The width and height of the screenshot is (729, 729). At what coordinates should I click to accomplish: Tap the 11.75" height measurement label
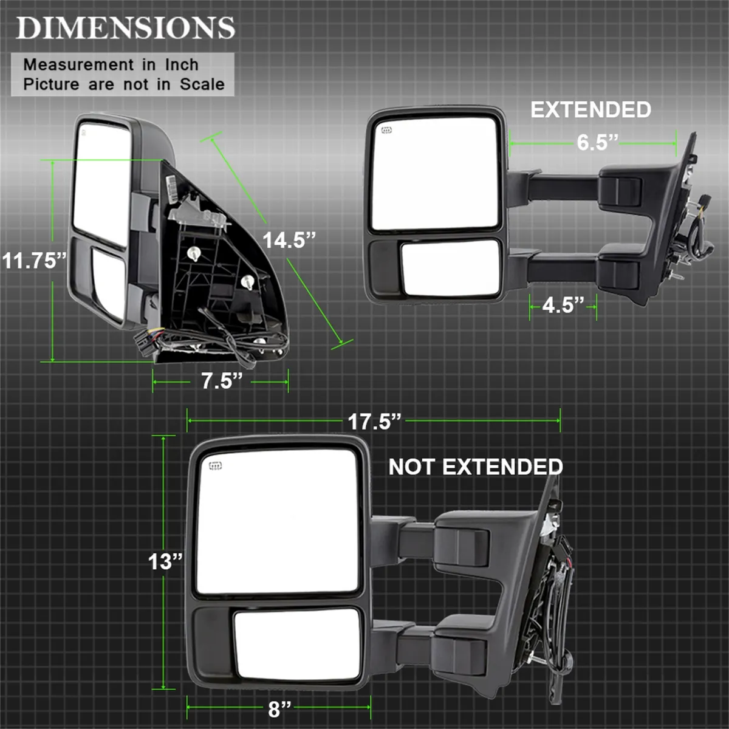pyautogui.click(x=33, y=261)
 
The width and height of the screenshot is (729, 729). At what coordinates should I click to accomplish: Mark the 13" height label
pyautogui.click(x=165, y=561)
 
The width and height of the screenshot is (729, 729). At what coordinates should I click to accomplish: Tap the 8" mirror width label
pyautogui.click(x=279, y=709)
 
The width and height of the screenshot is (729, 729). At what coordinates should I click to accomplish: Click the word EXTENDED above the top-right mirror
pyautogui.click(x=590, y=110)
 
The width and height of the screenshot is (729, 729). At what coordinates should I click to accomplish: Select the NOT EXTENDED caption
pyautogui.click(x=476, y=467)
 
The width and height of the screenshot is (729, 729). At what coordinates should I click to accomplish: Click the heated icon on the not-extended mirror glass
pyautogui.click(x=214, y=466)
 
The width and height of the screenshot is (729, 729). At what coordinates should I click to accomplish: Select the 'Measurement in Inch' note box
pyautogui.click(x=122, y=74)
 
